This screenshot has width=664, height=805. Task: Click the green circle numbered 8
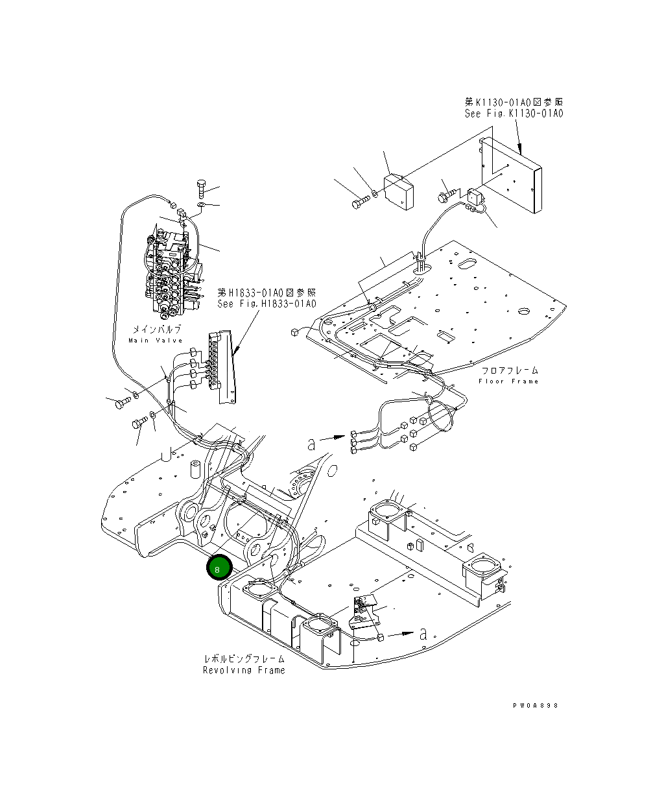pyautogui.click(x=219, y=569)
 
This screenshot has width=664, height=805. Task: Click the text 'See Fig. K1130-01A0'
pyautogui.click(x=514, y=114)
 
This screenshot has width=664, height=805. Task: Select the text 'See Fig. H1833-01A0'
pyautogui.click(x=267, y=304)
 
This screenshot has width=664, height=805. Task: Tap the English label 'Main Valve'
pyautogui.click(x=155, y=341)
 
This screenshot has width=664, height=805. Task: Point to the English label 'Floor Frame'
pyautogui.click(x=508, y=381)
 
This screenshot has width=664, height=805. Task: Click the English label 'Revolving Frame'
pyautogui.click(x=243, y=670)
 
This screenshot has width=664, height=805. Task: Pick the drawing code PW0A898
pyautogui.click(x=535, y=705)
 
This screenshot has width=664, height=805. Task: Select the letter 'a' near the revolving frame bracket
pyautogui.click(x=423, y=634)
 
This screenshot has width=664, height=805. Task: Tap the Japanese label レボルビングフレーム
pyautogui.click(x=243, y=659)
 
